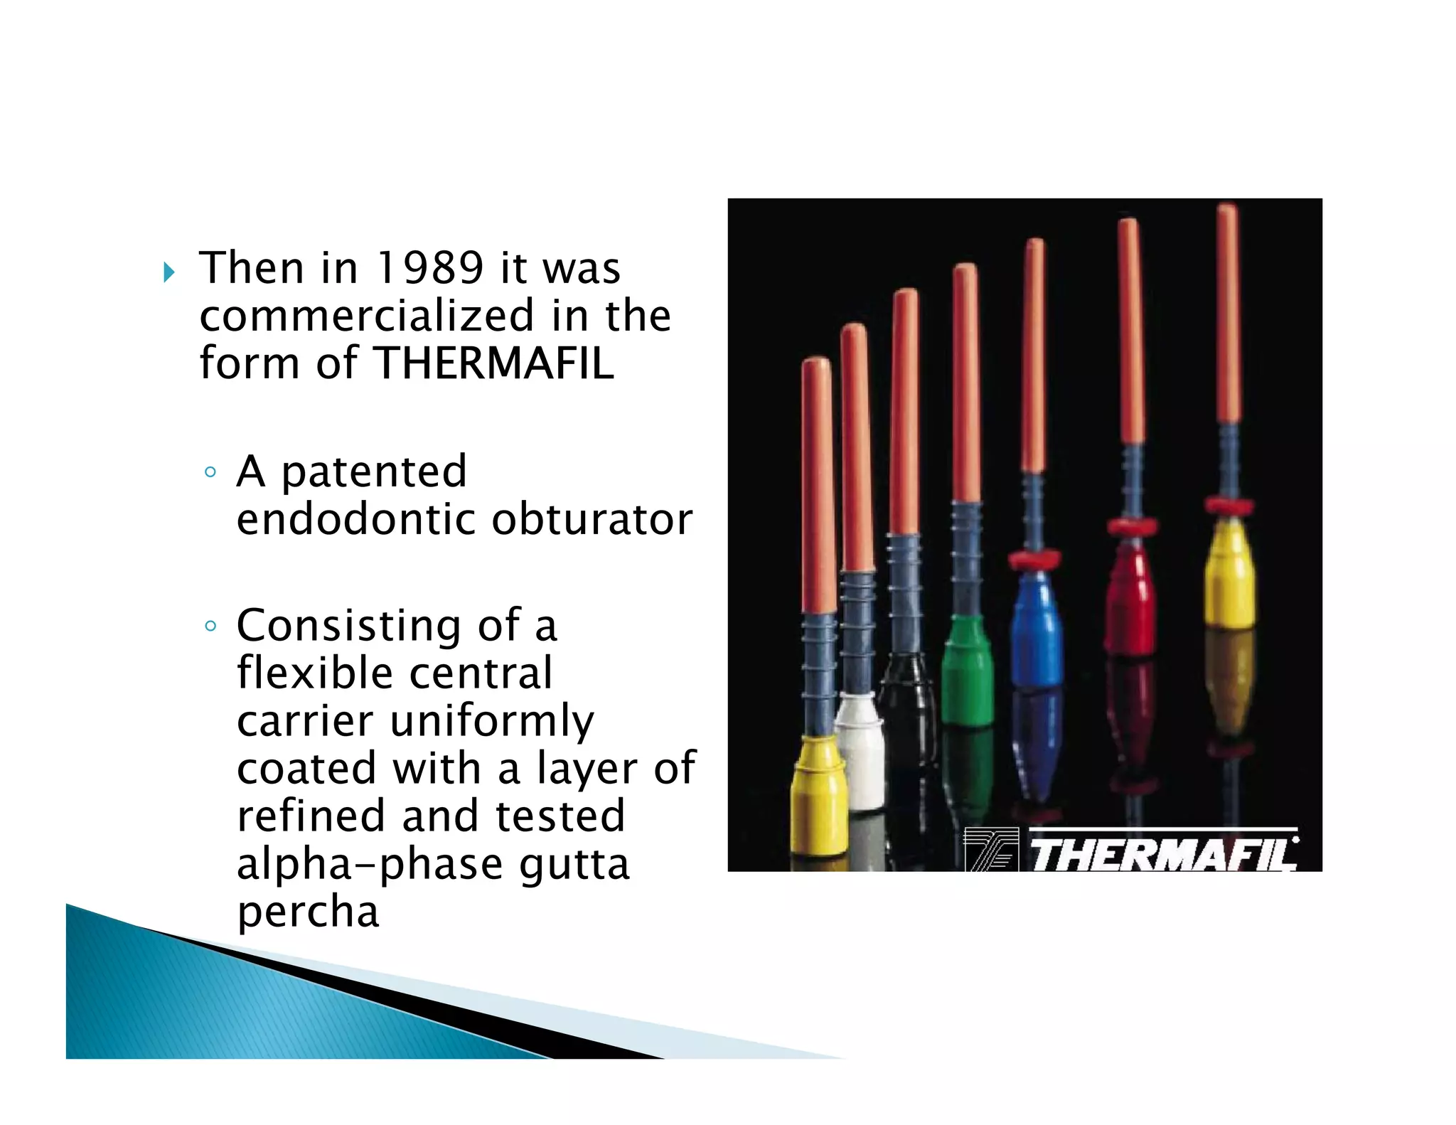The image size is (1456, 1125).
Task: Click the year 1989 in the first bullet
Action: (429, 269)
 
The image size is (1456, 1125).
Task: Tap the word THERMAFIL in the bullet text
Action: (493, 363)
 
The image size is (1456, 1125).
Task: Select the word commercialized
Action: (366, 316)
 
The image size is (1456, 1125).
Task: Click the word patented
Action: (374, 471)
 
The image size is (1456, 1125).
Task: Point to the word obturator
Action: (591, 519)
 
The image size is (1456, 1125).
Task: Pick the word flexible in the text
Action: (312, 673)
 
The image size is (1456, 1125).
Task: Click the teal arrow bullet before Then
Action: (168, 272)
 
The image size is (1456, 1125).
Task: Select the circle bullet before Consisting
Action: (210, 626)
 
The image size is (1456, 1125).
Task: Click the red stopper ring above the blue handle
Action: (1035, 558)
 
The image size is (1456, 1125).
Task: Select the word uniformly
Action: (492, 720)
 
